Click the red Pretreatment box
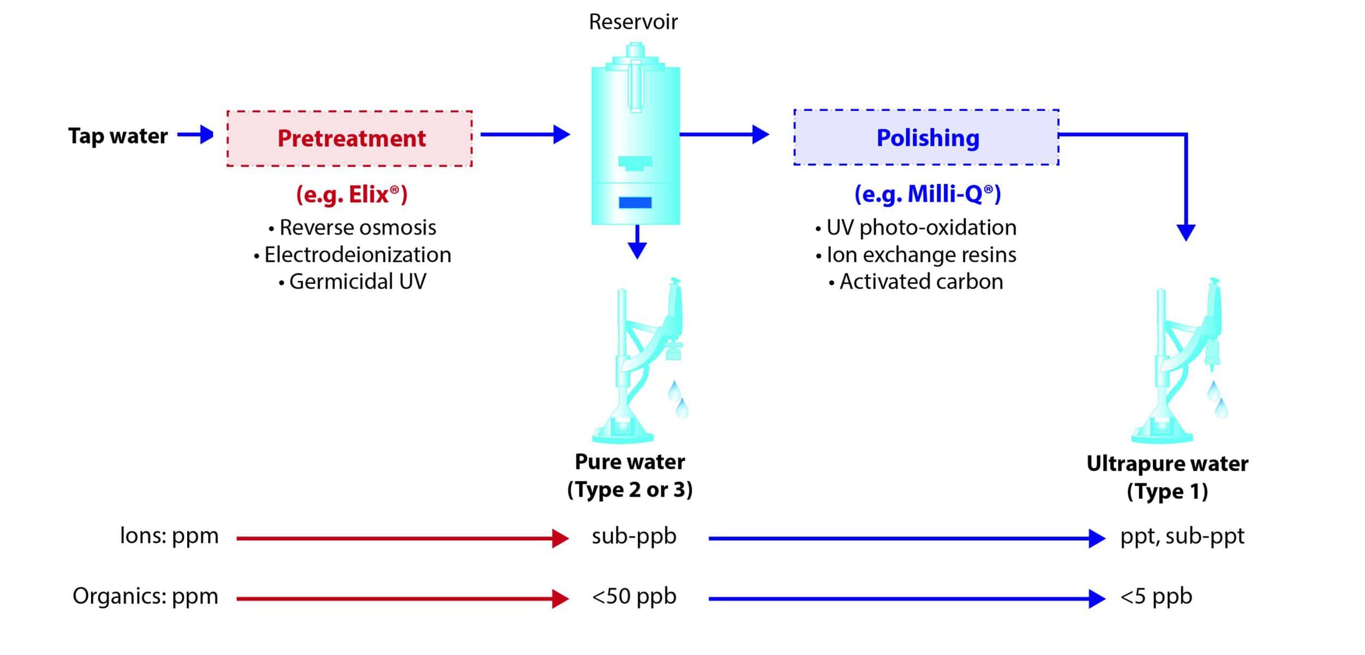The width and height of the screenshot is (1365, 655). pos(350,139)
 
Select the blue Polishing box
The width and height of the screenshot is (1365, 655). pos(926,138)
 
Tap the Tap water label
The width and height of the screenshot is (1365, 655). pos(118,136)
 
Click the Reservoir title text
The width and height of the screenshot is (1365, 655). pos(633,22)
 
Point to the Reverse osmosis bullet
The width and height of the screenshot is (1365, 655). pos(353,228)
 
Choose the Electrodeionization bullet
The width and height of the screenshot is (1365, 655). pos(353,255)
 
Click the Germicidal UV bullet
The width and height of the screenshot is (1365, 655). pos(353,282)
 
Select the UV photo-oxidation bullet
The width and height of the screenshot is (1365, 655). pos(917,228)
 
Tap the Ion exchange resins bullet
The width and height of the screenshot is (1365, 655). pos(917,255)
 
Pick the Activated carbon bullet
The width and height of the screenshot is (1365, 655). pos(917,282)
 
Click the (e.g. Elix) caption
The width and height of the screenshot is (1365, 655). pos(352,195)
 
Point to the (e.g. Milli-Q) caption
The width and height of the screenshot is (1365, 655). pos(927,194)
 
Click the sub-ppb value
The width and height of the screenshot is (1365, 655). pos(634,537)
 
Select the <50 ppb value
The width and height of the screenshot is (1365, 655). pos(634,597)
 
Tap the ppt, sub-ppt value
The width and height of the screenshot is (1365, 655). pos(1182,537)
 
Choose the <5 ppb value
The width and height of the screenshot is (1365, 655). pos(1156,597)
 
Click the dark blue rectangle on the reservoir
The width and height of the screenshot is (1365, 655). pos(635,203)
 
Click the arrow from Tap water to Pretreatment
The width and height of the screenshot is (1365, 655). pos(195,134)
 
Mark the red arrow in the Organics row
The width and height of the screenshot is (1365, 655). pos(403,599)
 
